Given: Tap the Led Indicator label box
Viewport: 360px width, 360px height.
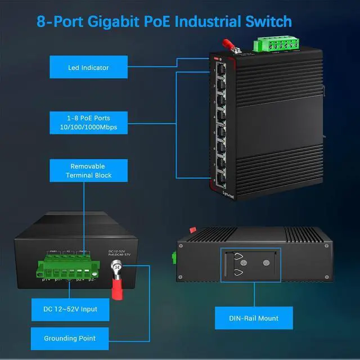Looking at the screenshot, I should (x=88, y=67).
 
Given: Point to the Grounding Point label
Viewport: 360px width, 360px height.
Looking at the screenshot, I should (x=70, y=339).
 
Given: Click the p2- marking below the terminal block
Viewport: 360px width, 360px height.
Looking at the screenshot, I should (x=92, y=279).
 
